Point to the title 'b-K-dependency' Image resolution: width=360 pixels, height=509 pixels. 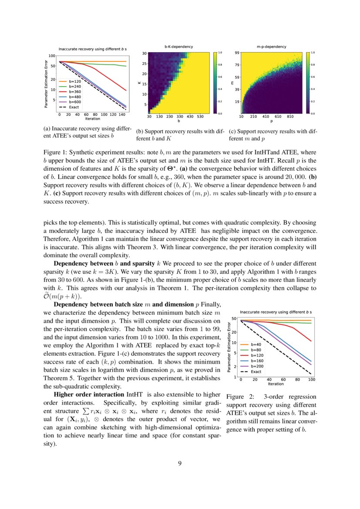pos(178,46)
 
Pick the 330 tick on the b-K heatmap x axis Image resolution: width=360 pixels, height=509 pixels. pos(179,117)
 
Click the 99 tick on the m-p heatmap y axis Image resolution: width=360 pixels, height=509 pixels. pos(237,53)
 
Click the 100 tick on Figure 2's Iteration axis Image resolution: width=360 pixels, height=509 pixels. pos(312,380)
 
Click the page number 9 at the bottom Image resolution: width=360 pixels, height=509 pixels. pos(180,463)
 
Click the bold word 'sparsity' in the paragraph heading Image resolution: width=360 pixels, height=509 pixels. pos(143,264)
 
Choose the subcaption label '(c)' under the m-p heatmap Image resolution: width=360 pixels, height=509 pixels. pos(232,131)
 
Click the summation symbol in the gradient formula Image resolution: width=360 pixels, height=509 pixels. pos(85,411)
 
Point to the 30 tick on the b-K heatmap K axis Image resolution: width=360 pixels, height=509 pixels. pos(144,53)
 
